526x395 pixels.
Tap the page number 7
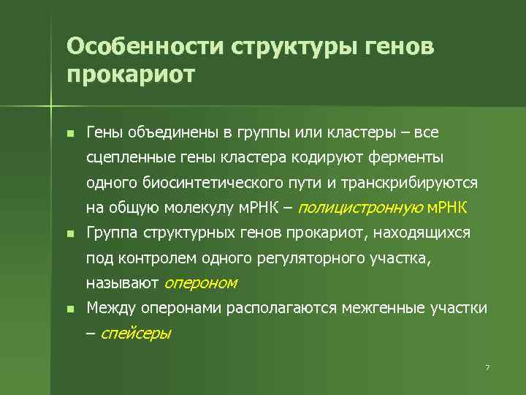coord(487,366)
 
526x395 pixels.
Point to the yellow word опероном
coord(201,282)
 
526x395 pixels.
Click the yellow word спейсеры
coord(135,334)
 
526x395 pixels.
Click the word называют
coord(122,282)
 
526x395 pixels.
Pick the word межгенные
coord(381,308)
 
